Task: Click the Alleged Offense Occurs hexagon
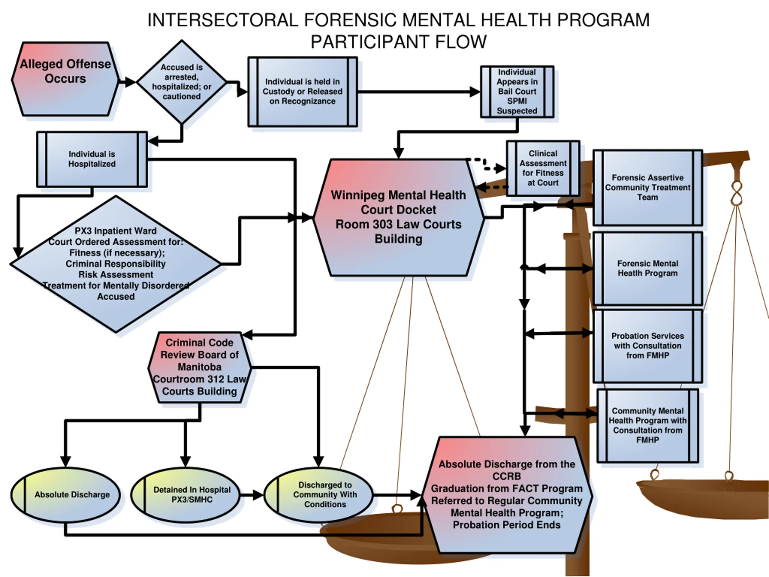point(65,79)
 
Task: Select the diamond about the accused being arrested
point(181,82)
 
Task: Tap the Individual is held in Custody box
point(302,91)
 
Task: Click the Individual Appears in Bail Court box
point(517,91)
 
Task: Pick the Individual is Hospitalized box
point(92,159)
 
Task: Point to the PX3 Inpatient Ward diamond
point(115,264)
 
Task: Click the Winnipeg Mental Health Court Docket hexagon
point(398,217)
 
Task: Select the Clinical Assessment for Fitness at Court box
point(543,168)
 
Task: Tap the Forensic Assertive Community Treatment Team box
point(647,188)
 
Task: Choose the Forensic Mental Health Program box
point(647,268)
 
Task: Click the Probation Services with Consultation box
point(647,346)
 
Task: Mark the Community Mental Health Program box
point(647,425)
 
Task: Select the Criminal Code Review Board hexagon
point(199,367)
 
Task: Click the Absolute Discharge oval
point(65,495)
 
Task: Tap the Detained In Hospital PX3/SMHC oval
point(186,495)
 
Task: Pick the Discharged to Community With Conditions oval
point(318,495)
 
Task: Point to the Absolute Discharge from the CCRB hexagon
point(506,495)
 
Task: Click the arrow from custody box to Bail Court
point(417,92)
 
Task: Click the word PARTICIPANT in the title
point(369,42)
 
